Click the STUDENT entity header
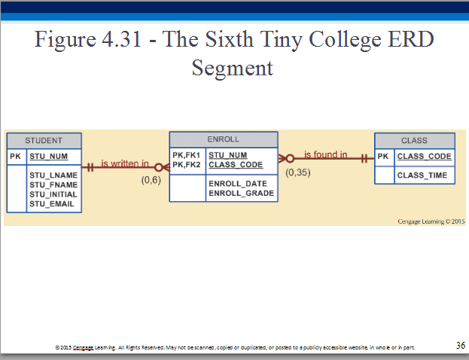coord(44,141)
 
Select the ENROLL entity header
coord(224,139)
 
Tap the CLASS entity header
coord(415,141)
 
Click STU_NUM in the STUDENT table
coord(49,157)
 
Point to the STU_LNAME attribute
coord(53,175)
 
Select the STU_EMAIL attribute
coord(52,204)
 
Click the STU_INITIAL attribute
coord(53,194)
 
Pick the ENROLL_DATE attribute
coord(238,184)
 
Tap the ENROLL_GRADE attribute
coord(242,193)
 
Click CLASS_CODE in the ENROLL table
coord(236,165)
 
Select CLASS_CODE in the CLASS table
coord(424,156)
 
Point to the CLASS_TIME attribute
coord(422,175)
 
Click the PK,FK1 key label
coord(187,155)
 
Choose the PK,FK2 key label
coord(187,165)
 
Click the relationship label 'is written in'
coord(125,163)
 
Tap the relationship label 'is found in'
coord(326,154)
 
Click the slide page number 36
coord(461,346)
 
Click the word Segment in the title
coord(233,69)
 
